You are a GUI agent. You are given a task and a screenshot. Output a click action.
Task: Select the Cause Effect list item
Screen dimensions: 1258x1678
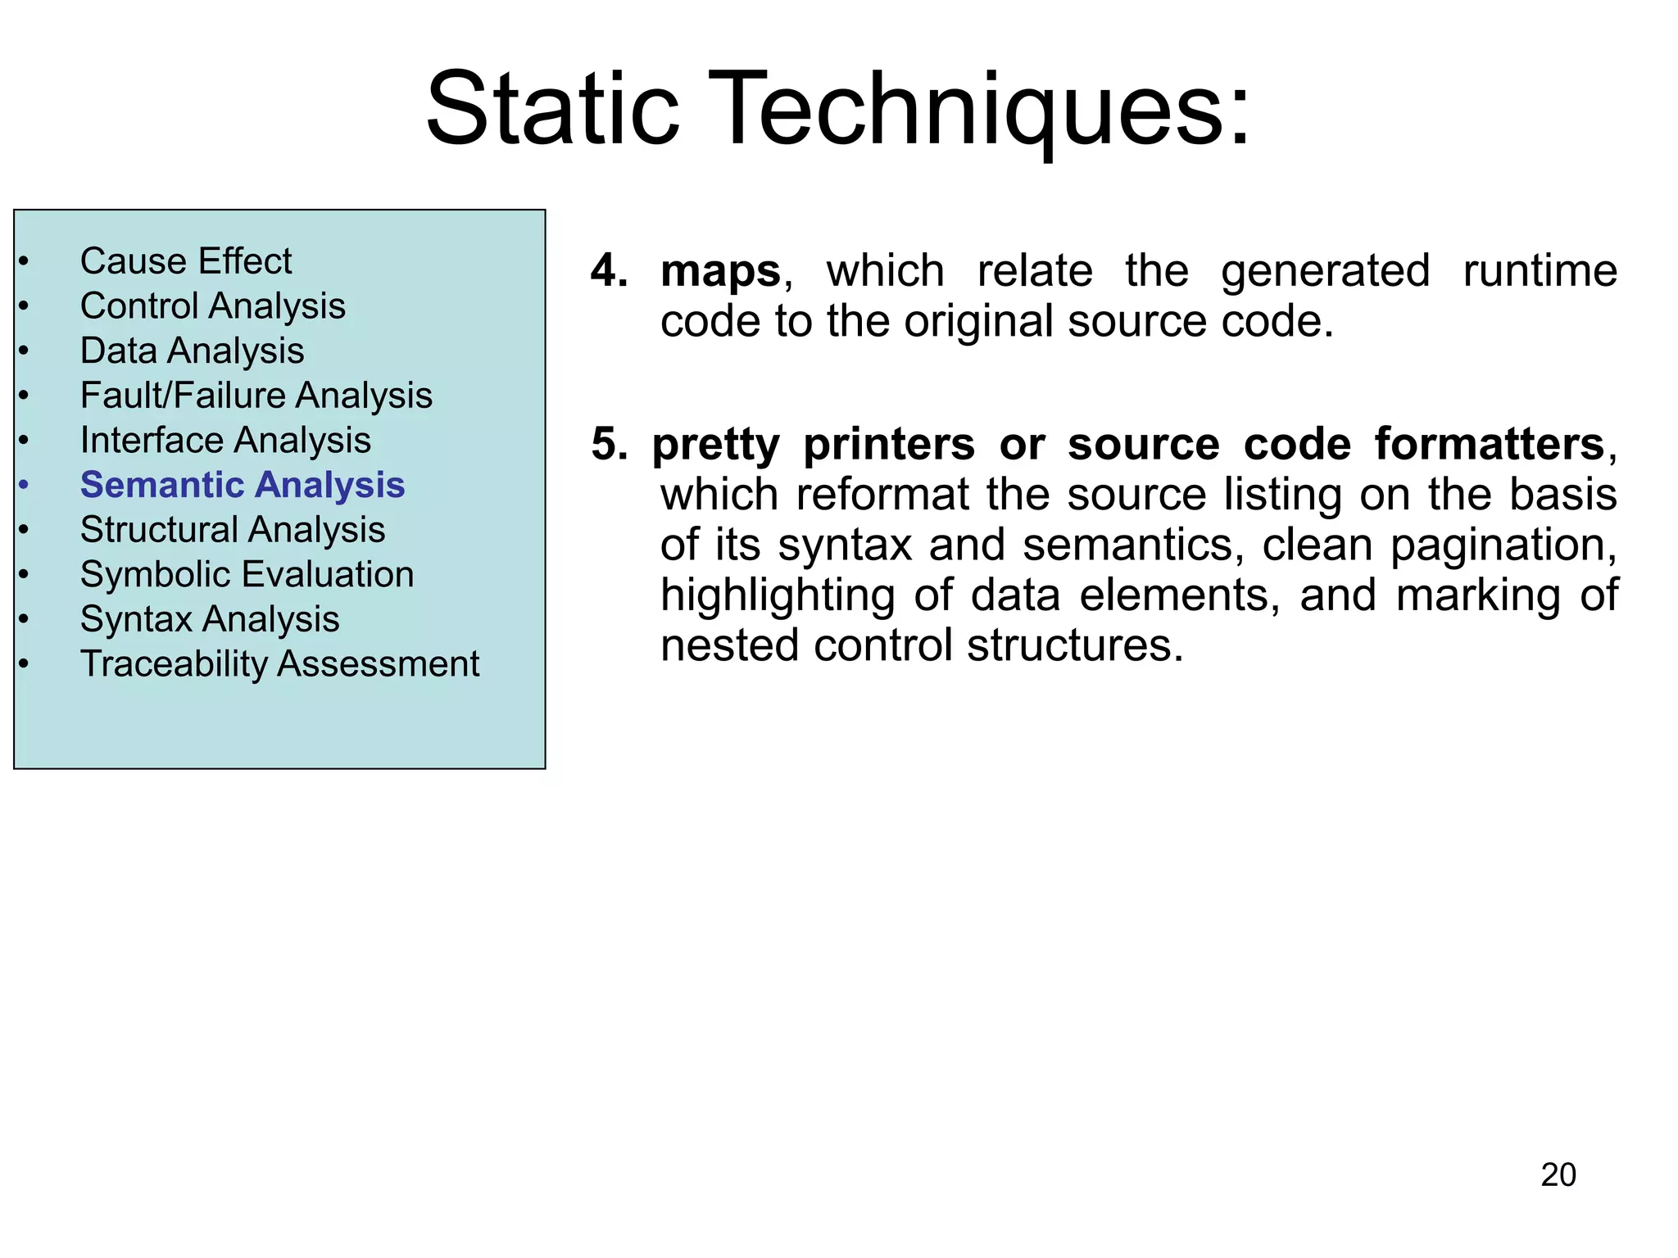(186, 261)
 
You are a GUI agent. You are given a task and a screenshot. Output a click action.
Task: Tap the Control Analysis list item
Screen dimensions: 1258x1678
(212, 306)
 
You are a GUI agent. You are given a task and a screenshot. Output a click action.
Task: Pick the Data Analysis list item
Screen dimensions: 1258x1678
(192, 351)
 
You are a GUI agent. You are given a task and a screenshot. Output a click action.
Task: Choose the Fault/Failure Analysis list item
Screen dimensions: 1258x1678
(256, 396)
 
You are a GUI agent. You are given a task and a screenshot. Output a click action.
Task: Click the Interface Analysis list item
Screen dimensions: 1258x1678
(225, 441)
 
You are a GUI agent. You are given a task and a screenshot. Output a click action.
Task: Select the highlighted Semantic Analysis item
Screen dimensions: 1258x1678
(243, 485)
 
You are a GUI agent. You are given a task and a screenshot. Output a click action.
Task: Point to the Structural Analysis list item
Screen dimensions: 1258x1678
(233, 530)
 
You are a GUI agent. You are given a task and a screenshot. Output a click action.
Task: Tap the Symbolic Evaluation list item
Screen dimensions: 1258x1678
(247, 574)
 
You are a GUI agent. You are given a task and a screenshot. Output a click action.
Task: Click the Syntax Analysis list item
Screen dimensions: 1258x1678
(210, 619)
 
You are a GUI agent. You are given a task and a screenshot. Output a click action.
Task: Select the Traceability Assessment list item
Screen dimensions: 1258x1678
(279, 663)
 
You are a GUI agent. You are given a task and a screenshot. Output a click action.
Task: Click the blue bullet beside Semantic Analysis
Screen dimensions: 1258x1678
(24, 485)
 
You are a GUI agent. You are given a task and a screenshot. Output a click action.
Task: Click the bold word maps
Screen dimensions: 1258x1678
(720, 271)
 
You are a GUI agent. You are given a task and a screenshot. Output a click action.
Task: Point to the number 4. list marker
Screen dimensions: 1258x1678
(610, 270)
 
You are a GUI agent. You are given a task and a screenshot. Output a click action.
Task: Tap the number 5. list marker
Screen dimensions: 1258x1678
(610, 445)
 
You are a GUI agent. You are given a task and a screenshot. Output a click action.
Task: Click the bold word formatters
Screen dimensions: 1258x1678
(1489, 445)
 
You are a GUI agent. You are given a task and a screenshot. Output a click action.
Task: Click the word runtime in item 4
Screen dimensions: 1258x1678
(1540, 271)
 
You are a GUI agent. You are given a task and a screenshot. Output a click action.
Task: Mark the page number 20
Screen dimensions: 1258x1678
(1558, 1174)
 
